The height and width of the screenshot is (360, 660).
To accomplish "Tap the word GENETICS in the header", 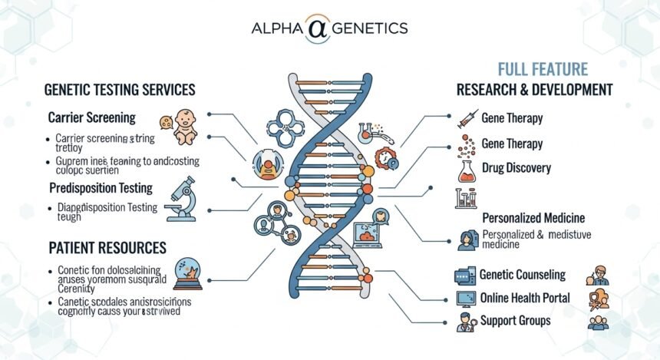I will (372, 29).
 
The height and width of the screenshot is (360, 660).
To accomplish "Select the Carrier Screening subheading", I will (91, 118).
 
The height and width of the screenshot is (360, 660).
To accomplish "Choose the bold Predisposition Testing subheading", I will (101, 187).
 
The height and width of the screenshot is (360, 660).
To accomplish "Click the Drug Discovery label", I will (516, 168).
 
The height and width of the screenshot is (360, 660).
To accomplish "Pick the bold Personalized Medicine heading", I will (533, 218).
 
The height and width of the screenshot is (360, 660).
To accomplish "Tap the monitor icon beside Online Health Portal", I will (465, 299).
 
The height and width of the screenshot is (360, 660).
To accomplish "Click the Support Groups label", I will (515, 320).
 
